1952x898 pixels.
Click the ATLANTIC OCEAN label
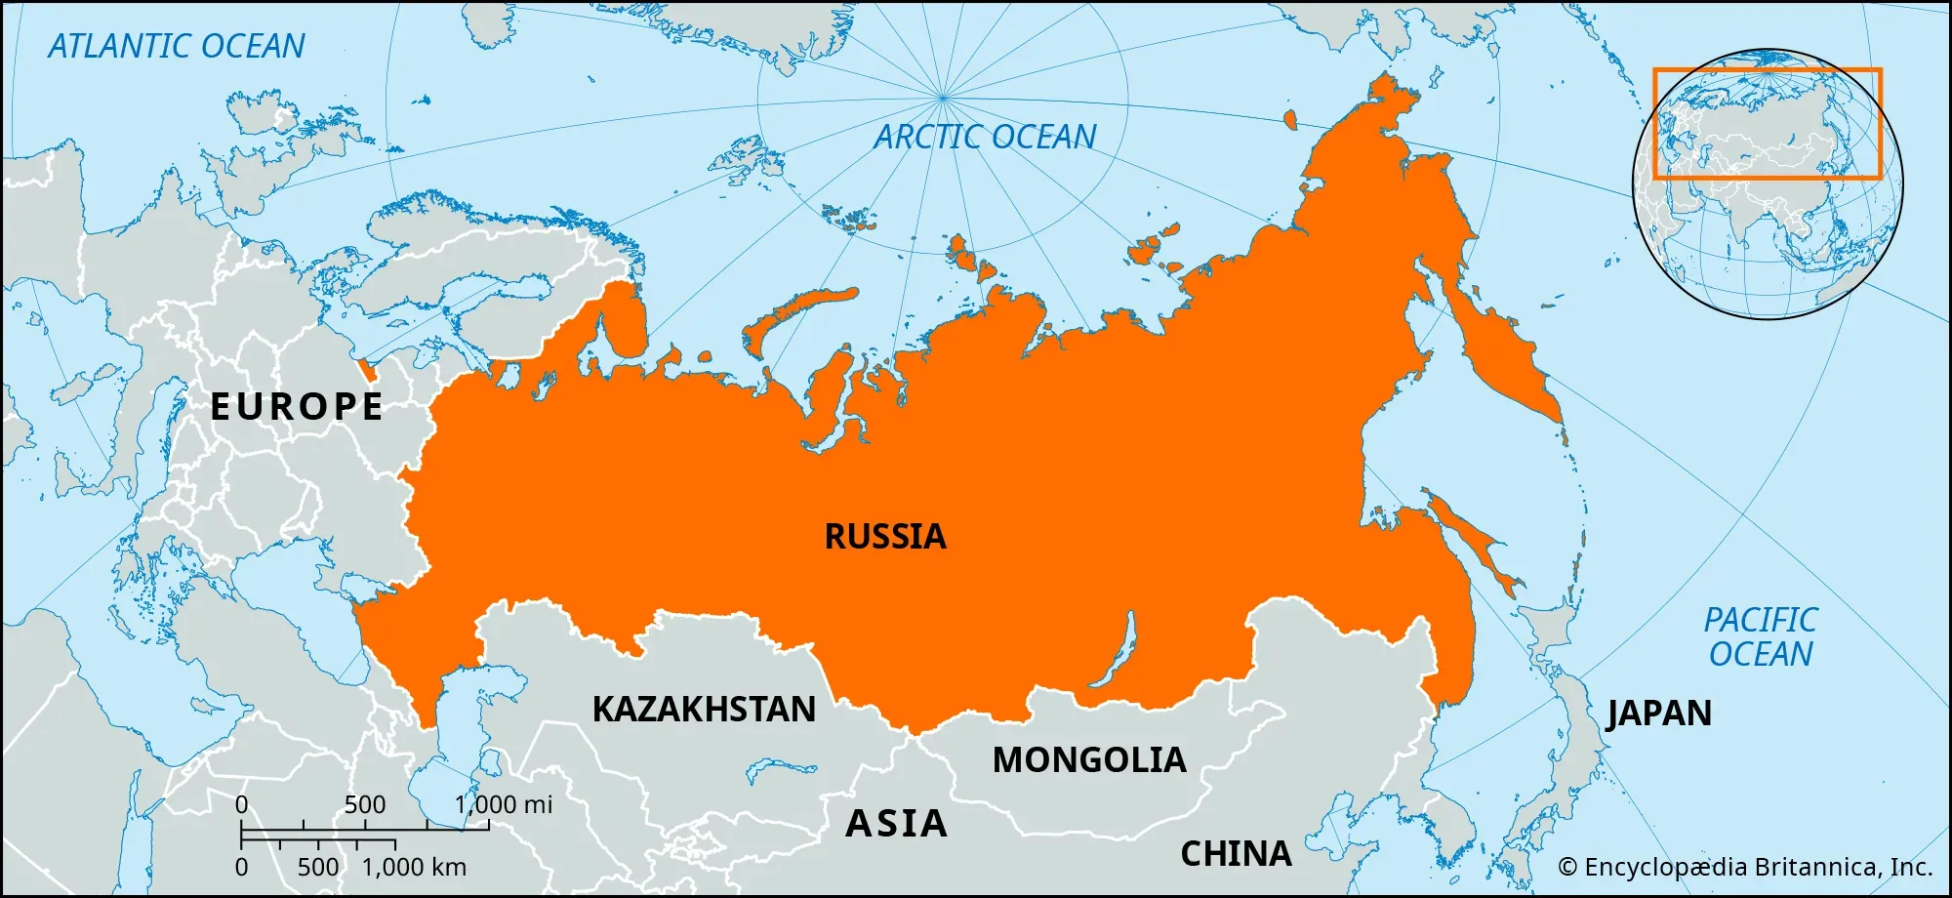[177, 46]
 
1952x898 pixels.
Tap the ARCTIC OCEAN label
[985, 137]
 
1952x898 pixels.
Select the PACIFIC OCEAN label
[1761, 636]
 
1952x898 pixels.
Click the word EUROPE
[297, 406]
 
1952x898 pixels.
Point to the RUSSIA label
[885, 536]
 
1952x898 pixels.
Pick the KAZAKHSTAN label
[704, 709]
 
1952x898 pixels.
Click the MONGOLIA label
[1089, 759]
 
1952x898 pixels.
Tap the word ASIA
[896, 823]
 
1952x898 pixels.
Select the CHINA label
[1236, 853]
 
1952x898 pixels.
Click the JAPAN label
[1659, 713]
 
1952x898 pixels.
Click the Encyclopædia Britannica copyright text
[1745, 867]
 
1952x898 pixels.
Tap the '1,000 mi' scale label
[504, 804]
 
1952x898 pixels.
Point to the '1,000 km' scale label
[414, 867]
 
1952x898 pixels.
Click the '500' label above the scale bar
[365, 804]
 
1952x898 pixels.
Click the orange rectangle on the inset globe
[1767, 70]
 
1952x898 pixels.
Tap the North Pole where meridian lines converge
[943, 97]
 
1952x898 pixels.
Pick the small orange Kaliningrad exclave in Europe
[368, 370]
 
